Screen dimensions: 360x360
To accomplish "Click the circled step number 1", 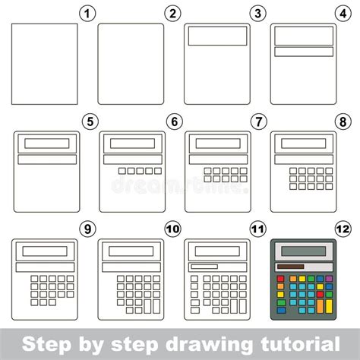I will [89, 13].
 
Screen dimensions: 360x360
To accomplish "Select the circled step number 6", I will [175, 120].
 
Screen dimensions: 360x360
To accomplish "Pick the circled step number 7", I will [261, 120].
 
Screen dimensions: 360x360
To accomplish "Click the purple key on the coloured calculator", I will [329, 279].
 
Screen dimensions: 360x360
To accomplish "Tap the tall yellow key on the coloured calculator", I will [329, 306].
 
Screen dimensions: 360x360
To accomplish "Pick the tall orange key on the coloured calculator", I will [320, 306].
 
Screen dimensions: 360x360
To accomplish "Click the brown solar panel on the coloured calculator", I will [290, 267].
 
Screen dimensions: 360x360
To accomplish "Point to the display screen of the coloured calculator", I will [304, 251].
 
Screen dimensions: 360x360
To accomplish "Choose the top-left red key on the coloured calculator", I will [280, 279].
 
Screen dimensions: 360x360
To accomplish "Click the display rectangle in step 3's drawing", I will [218, 36].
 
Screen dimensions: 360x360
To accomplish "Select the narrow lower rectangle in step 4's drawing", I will [305, 52].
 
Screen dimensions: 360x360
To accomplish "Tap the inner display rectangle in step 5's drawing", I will [46, 143].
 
